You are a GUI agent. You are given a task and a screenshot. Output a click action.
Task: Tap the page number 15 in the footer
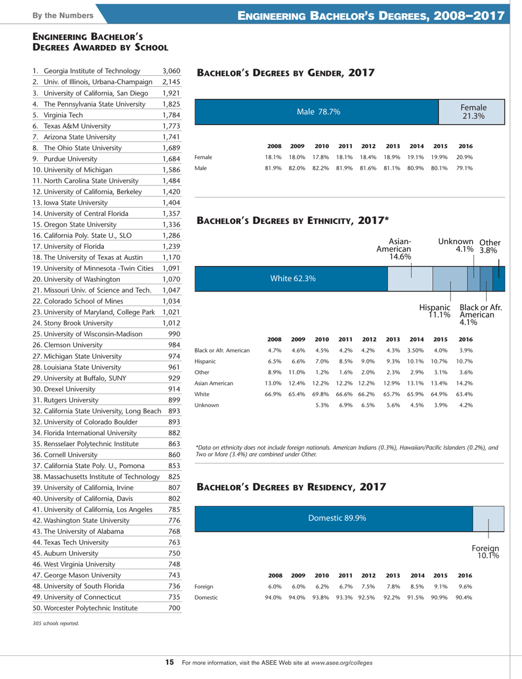(170, 663)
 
